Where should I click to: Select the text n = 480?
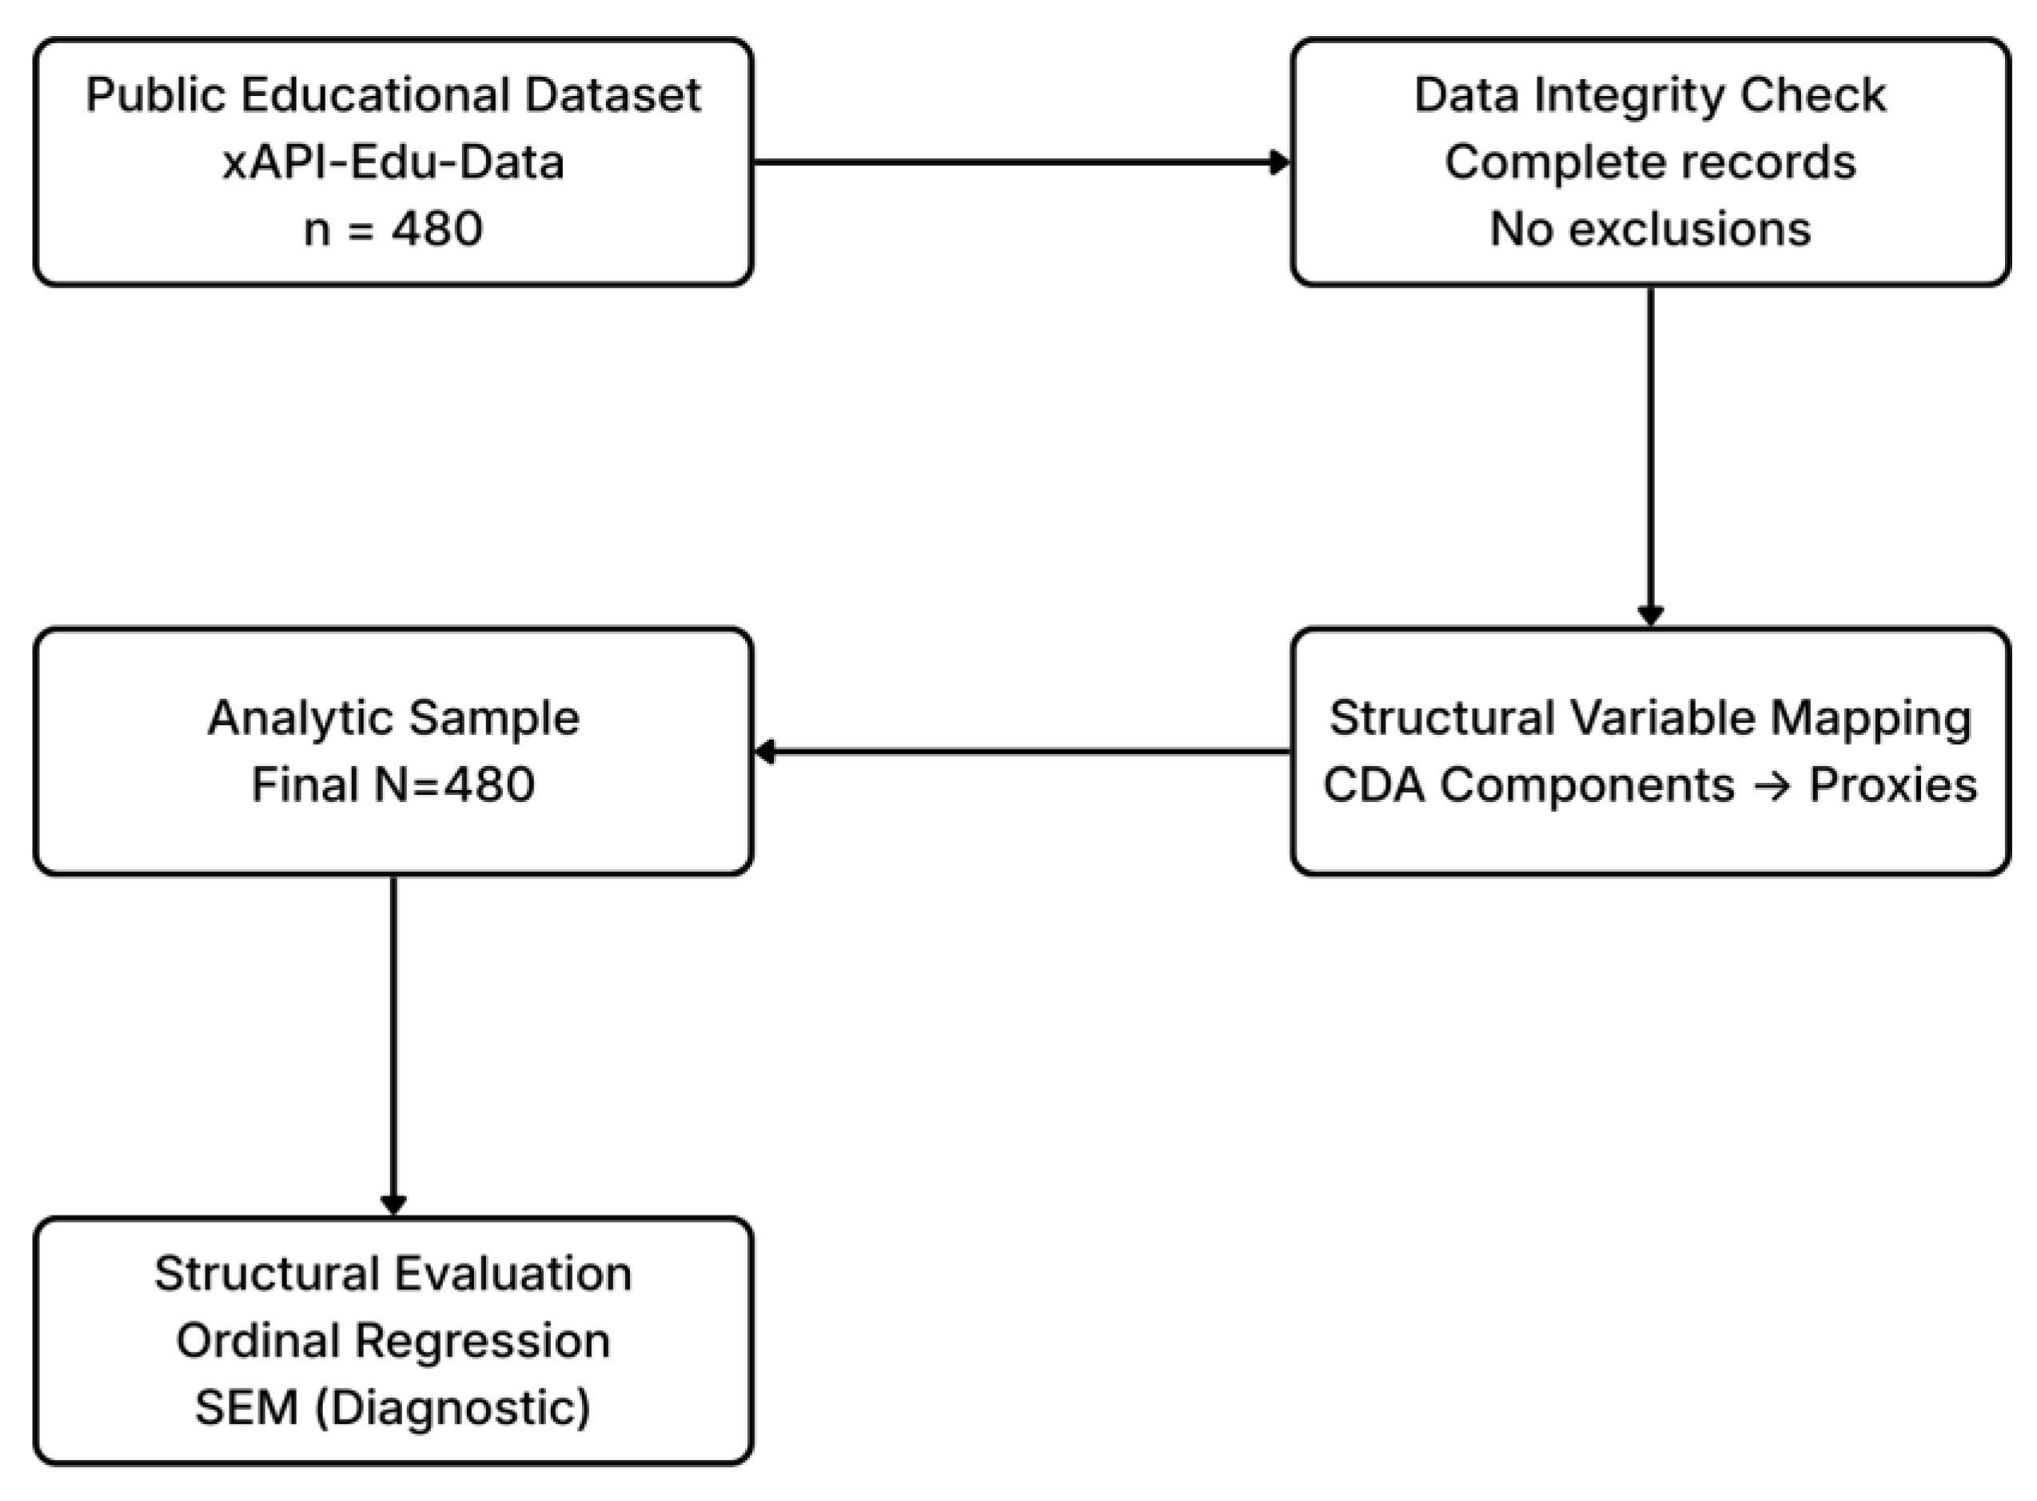(x=393, y=229)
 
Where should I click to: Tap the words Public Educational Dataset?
(x=393, y=95)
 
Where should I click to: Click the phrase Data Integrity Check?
(x=1649, y=95)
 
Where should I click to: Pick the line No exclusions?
(x=1649, y=229)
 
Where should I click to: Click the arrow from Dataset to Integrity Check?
(x=1022, y=162)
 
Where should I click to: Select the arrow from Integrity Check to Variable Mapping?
(x=1650, y=454)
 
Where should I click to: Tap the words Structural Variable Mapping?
(x=1649, y=718)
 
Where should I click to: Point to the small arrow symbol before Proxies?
(x=1771, y=785)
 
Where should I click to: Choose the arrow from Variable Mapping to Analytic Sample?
(x=1022, y=752)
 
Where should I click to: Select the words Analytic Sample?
(x=393, y=718)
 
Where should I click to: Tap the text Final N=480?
(x=393, y=785)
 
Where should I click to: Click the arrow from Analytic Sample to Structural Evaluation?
(x=393, y=1045)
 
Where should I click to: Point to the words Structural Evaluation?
(x=393, y=1274)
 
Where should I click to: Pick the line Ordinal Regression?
(x=393, y=1341)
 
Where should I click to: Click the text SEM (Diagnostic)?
(x=393, y=1407)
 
